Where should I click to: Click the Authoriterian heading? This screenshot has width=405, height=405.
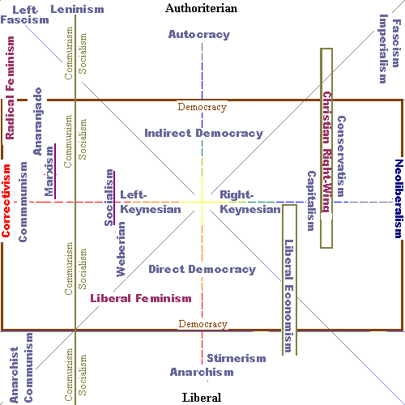(x=202, y=8)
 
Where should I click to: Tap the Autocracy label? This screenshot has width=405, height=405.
(x=199, y=35)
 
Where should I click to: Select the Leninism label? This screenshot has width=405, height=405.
(x=77, y=10)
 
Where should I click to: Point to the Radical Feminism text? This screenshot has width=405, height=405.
(x=10, y=88)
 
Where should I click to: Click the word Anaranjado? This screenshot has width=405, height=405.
(x=37, y=122)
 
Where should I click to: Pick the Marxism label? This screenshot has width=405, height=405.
(x=49, y=171)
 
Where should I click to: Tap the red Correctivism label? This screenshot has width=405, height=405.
(x=6, y=201)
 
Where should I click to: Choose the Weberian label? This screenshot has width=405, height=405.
(x=121, y=249)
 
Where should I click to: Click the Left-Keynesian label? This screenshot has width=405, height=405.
(x=151, y=202)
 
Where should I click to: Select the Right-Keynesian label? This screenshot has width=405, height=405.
(x=250, y=202)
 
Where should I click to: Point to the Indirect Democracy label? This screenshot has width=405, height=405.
(x=204, y=134)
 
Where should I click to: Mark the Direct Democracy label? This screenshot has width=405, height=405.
(x=202, y=269)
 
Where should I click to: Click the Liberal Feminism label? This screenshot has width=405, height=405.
(x=141, y=298)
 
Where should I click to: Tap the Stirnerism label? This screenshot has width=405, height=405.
(x=237, y=358)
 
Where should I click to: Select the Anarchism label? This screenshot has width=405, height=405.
(x=202, y=372)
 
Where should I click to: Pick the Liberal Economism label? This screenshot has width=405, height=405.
(x=288, y=296)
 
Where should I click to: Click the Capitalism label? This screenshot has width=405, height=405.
(x=312, y=201)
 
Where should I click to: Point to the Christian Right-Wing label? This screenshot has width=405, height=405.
(x=327, y=152)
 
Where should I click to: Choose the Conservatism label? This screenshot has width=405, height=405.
(x=341, y=156)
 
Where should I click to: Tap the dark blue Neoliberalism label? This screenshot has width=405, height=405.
(x=399, y=198)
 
